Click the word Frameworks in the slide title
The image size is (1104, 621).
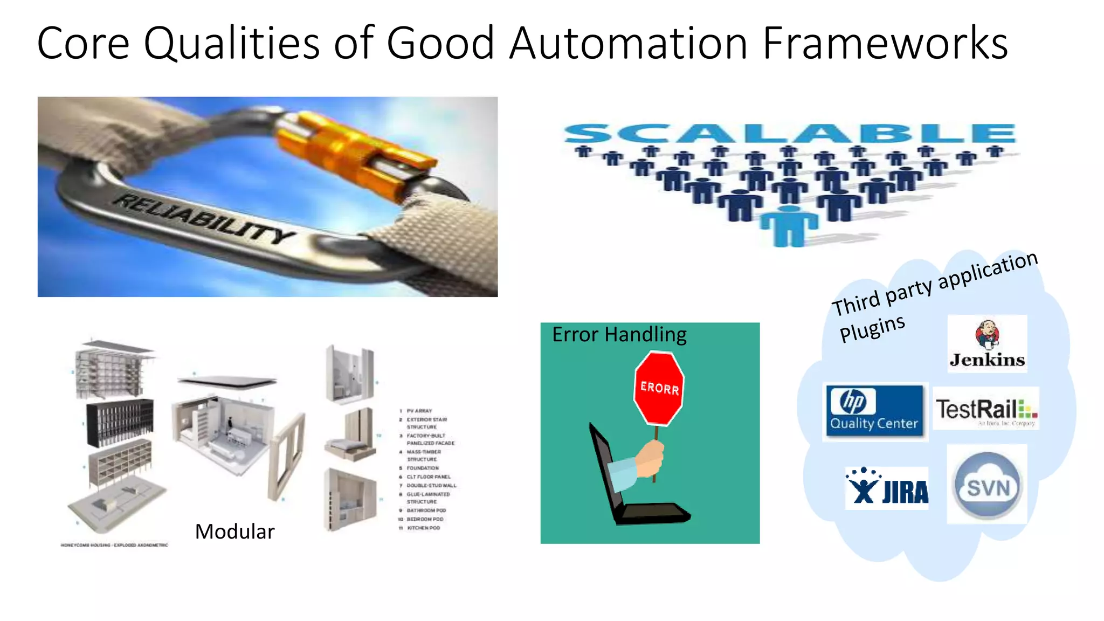[x=885, y=43]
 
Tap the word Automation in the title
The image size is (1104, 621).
[x=629, y=43]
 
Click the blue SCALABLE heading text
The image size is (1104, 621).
[x=790, y=133]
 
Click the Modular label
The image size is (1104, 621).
[x=234, y=532]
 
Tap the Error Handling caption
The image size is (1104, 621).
[x=619, y=335]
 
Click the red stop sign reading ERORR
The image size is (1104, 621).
[x=659, y=388]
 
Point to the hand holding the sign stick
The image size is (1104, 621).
[x=650, y=458]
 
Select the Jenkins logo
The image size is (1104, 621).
[x=987, y=344]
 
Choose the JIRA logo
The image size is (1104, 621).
[x=887, y=488]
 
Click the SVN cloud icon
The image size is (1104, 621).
[x=987, y=485]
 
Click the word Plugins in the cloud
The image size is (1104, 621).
[x=872, y=328]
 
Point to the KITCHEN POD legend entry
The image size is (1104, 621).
[x=423, y=528]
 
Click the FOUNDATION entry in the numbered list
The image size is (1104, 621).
[x=423, y=468]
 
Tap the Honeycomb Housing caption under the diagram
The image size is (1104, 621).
[x=114, y=545]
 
